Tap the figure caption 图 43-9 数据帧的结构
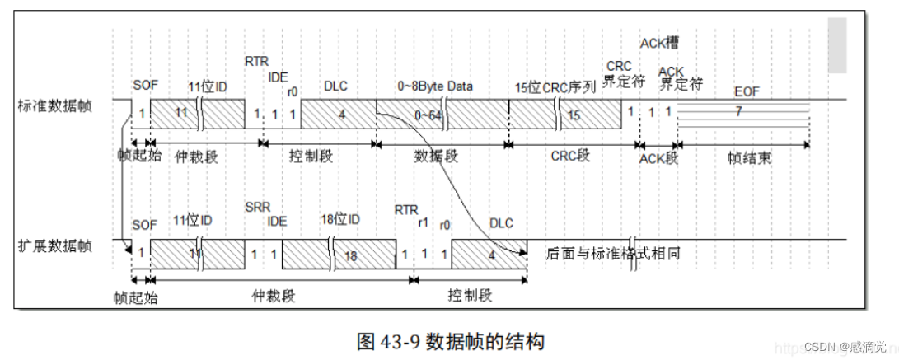pos(450,340)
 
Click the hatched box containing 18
pos(349,255)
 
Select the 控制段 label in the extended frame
pos(471,295)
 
